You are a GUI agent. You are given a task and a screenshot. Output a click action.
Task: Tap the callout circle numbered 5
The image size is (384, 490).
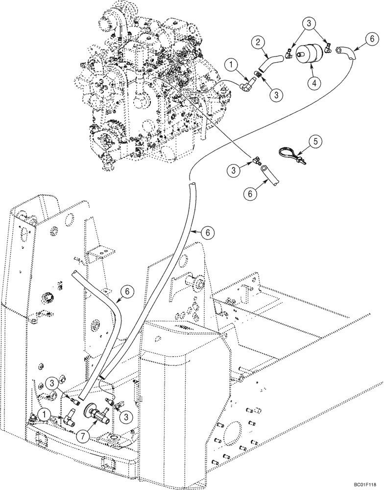pos(315,142)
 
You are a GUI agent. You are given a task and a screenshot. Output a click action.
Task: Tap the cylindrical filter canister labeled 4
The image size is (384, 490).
pos(308,52)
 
